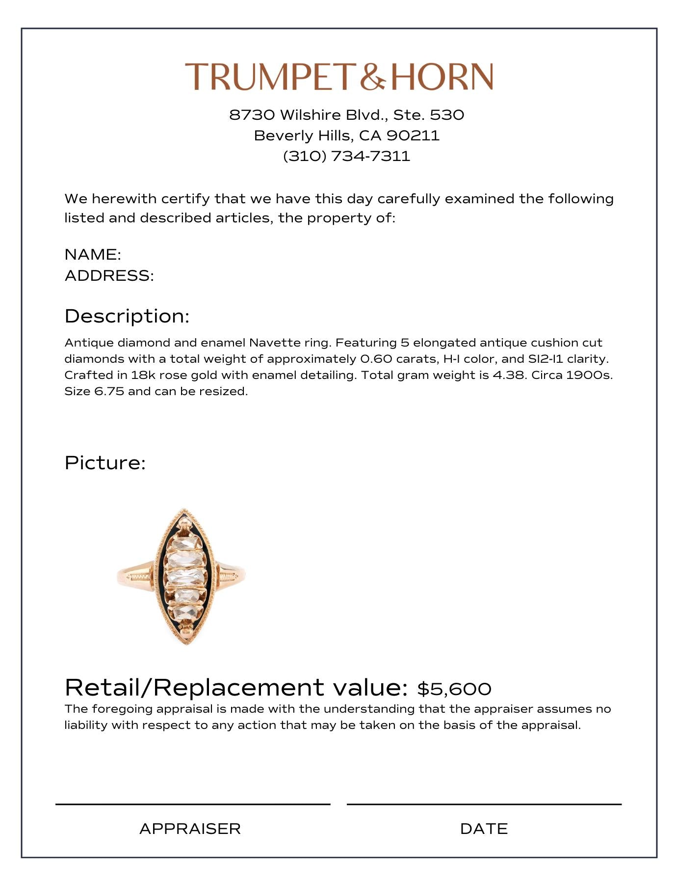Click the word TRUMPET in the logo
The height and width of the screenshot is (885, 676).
tap(269, 77)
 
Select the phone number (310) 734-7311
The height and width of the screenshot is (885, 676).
tap(346, 156)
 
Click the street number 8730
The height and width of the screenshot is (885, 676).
tap(252, 115)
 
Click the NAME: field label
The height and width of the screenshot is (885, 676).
tap(93, 254)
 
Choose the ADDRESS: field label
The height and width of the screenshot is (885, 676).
tap(109, 275)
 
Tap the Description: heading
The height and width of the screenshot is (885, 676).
tap(127, 316)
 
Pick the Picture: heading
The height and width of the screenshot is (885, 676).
tap(105, 463)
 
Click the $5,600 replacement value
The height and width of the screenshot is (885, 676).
tap(454, 689)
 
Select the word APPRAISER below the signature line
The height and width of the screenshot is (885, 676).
tap(190, 829)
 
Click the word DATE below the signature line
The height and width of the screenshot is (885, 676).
tap(484, 829)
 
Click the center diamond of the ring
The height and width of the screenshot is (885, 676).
tap(184, 576)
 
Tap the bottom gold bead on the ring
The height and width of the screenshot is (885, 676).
tap(186, 629)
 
